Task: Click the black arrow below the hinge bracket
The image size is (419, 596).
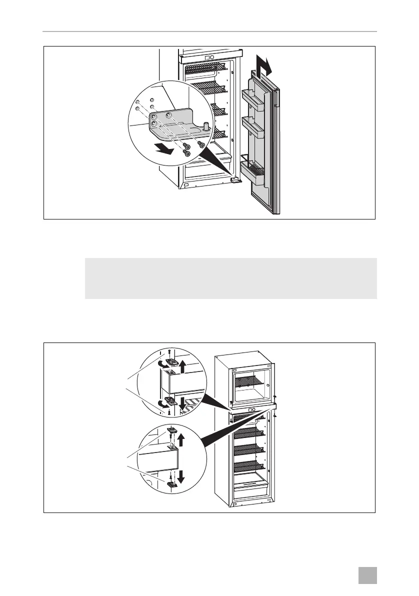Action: click(x=164, y=148)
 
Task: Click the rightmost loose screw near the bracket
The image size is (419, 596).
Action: click(x=201, y=144)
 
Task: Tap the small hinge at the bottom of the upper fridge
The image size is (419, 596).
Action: click(x=233, y=178)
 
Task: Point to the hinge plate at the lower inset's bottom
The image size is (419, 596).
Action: click(x=171, y=483)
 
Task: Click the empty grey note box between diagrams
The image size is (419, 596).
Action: click(x=230, y=278)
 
